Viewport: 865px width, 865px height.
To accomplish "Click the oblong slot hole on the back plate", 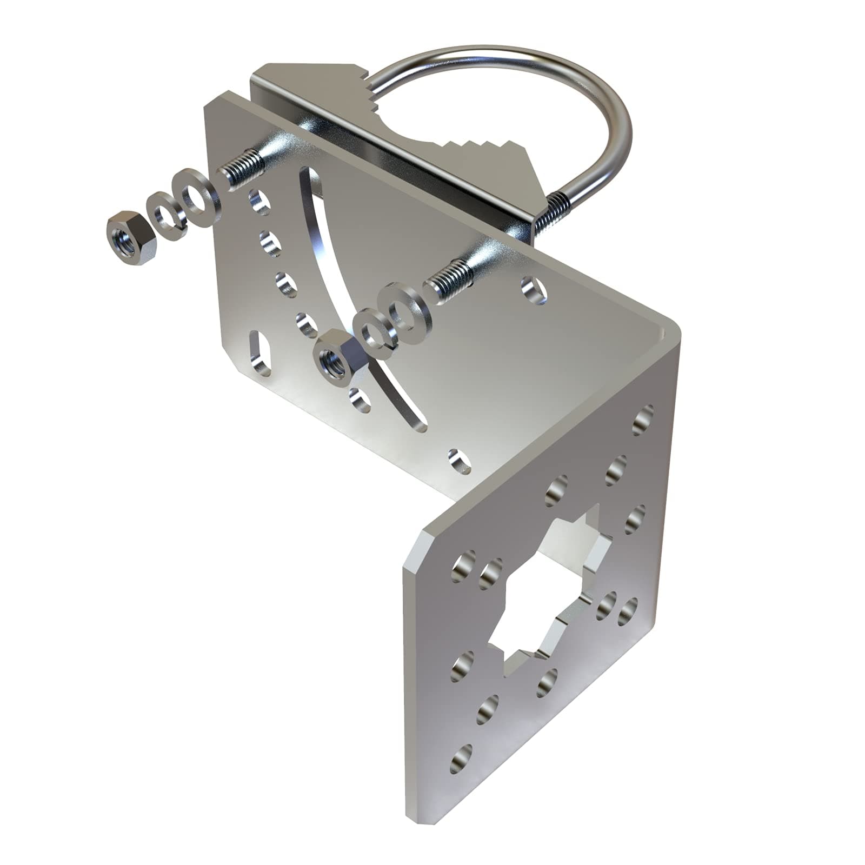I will (x=259, y=354).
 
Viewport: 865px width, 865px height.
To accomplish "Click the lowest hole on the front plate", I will (x=461, y=758).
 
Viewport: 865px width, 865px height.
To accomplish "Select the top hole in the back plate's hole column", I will (x=259, y=201).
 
